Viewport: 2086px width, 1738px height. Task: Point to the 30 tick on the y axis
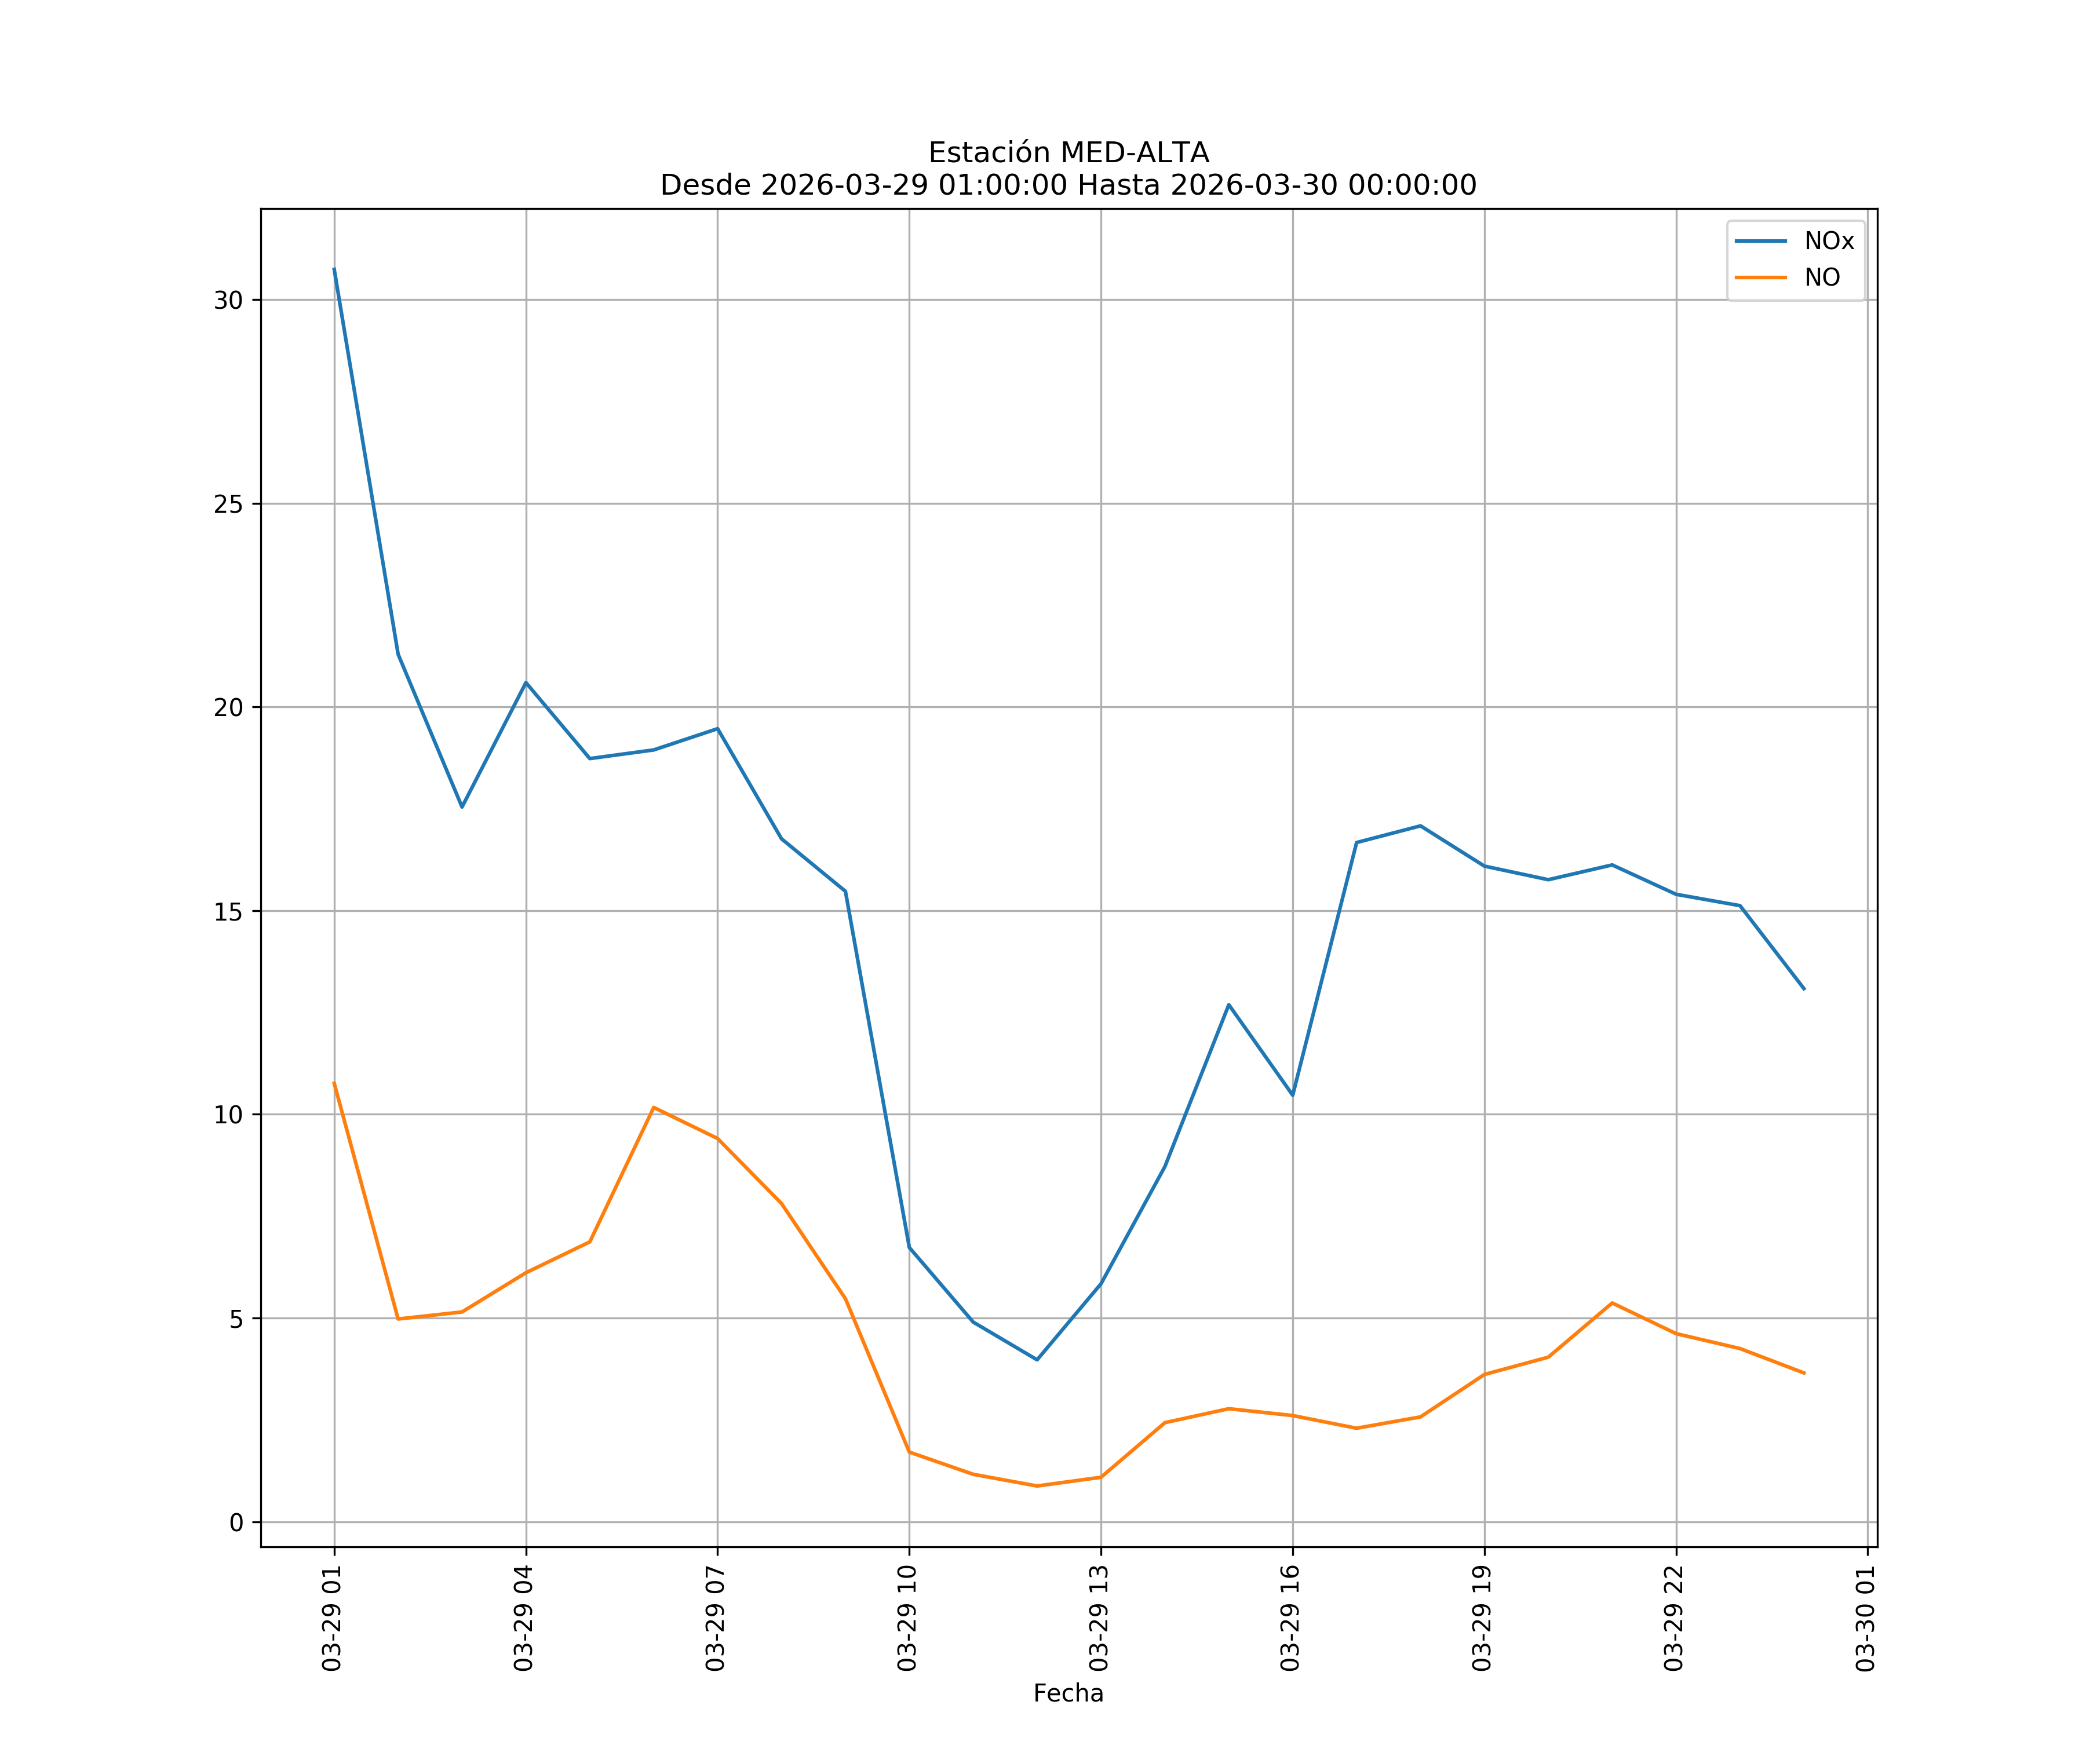pyautogui.click(x=228, y=300)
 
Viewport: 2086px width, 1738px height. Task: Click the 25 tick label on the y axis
pyautogui.click(x=228, y=503)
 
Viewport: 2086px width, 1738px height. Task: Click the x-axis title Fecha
pyautogui.click(x=1068, y=1693)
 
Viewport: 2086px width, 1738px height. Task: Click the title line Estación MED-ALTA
pyautogui.click(x=1068, y=153)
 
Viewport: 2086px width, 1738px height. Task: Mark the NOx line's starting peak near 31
pyautogui.click(x=334, y=268)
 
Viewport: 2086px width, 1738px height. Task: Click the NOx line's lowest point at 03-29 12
pyautogui.click(x=1037, y=1360)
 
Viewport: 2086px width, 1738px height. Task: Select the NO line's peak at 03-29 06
pyautogui.click(x=654, y=1107)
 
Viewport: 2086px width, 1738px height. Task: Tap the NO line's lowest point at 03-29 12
pyautogui.click(x=1037, y=1486)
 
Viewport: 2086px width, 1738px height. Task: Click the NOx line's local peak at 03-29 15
pyautogui.click(x=1229, y=1005)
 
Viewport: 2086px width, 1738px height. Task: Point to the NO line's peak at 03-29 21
pyautogui.click(x=1612, y=1303)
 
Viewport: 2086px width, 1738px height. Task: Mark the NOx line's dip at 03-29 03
pyautogui.click(x=462, y=806)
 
